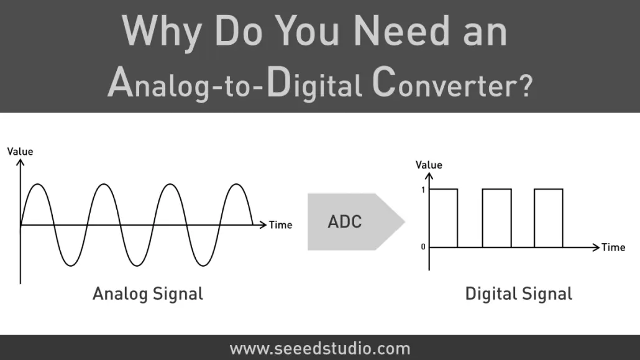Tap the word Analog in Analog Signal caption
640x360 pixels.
[x=120, y=294]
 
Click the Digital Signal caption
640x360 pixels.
[x=518, y=294]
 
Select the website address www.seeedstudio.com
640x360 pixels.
[x=319, y=349]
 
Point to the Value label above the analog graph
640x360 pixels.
[x=20, y=152]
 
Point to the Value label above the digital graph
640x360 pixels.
[x=429, y=165]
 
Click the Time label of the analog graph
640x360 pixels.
[x=280, y=225]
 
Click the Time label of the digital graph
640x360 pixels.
[x=613, y=247]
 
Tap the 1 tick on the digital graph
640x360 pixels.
[x=423, y=190]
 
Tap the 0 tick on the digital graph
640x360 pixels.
[x=423, y=247]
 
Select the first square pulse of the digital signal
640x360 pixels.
[x=444, y=189]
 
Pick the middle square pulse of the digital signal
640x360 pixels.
[x=496, y=189]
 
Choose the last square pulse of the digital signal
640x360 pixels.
[x=549, y=189]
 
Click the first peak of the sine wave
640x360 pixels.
[x=38, y=184]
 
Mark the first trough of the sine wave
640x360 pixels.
[x=71, y=266]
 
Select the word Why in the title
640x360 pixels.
[x=162, y=33]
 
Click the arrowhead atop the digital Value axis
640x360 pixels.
[x=429, y=176]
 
